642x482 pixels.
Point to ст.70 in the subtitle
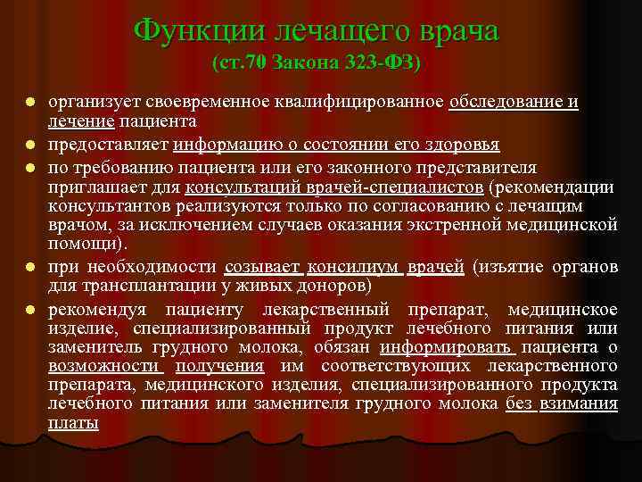pyautogui.click(x=238, y=64)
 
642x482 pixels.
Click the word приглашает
pyautogui.click(x=97, y=187)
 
